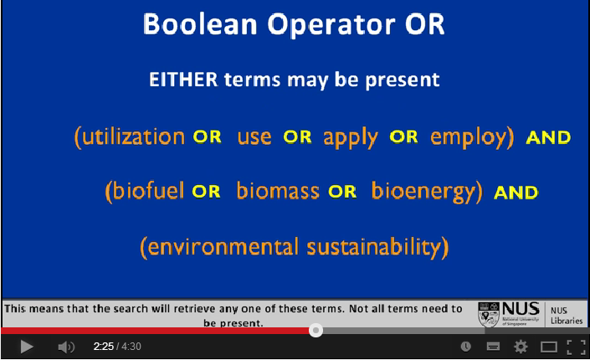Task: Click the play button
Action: point(27,347)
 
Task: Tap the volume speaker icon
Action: point(66,347)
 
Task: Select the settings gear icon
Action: point(521,347)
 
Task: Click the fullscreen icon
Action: point(576,347)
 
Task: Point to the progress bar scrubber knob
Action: point(316,330)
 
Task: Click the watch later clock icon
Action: point(466,347)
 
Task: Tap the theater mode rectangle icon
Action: point(549,347)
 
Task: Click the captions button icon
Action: point(493,347)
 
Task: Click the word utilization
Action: point(133,136)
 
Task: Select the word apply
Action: point(351,137)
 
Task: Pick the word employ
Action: point(468,138)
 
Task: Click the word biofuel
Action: point(148,190)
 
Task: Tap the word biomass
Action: point(278,190)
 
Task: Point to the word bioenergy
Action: point(423,192)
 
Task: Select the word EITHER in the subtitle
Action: point(183,80)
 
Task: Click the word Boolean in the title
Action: point(200,24)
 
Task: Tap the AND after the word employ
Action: point(548,137)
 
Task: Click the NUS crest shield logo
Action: point(489,314)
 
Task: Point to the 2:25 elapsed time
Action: point(104,347)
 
